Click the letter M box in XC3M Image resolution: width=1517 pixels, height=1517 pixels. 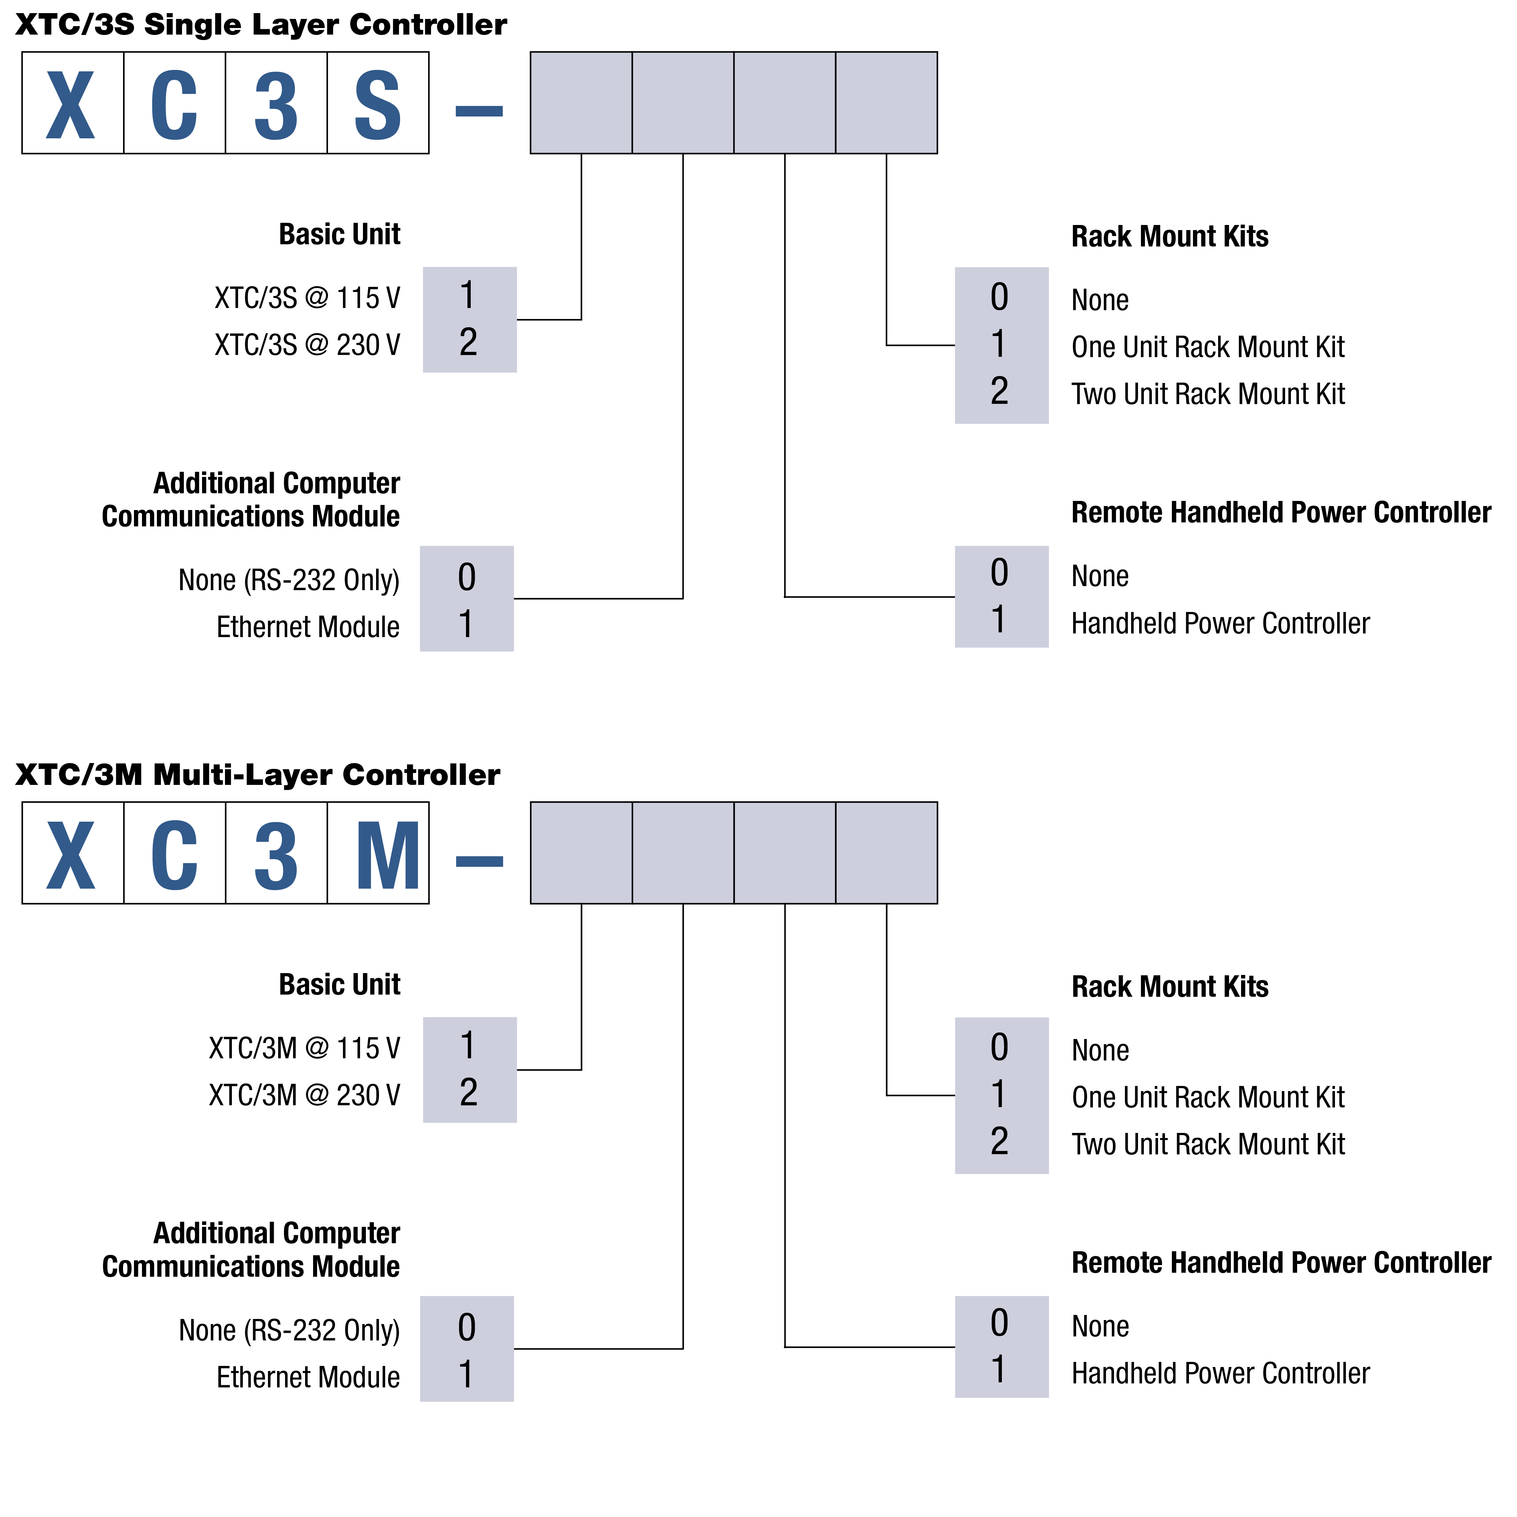pyautogui.click(x=378, y=853)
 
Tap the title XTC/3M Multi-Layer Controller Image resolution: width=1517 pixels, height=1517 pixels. pyautogui.click(x=257, y=775)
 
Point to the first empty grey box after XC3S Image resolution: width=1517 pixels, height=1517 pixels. pyautogui.click(x=581, y=103)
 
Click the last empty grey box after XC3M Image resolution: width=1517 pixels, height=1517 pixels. pyautogui.click(x=886, y=853)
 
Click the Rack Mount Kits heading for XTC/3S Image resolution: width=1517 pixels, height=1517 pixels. pyautogui.click(x=1170, y=236)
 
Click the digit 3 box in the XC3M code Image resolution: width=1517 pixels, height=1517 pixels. pyautogui.click(x=276, y=853)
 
